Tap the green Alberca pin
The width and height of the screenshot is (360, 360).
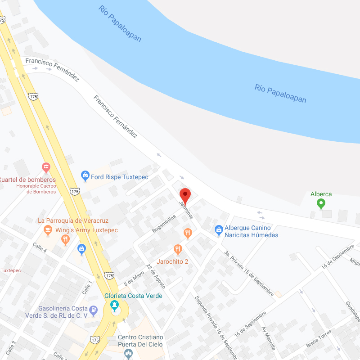click(321, 204)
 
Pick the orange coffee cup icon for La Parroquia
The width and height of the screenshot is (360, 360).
click(47, 230)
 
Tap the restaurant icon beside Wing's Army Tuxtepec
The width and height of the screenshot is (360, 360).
click(66, 239)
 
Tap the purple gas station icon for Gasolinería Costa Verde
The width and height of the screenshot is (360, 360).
click(93, 310)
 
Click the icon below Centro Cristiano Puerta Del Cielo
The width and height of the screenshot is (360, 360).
click(129, 353)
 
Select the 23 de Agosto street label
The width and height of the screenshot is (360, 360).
click(156, 279)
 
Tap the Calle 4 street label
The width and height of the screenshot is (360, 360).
click(40, 247)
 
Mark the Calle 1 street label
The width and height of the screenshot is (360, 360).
click(86, 288)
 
